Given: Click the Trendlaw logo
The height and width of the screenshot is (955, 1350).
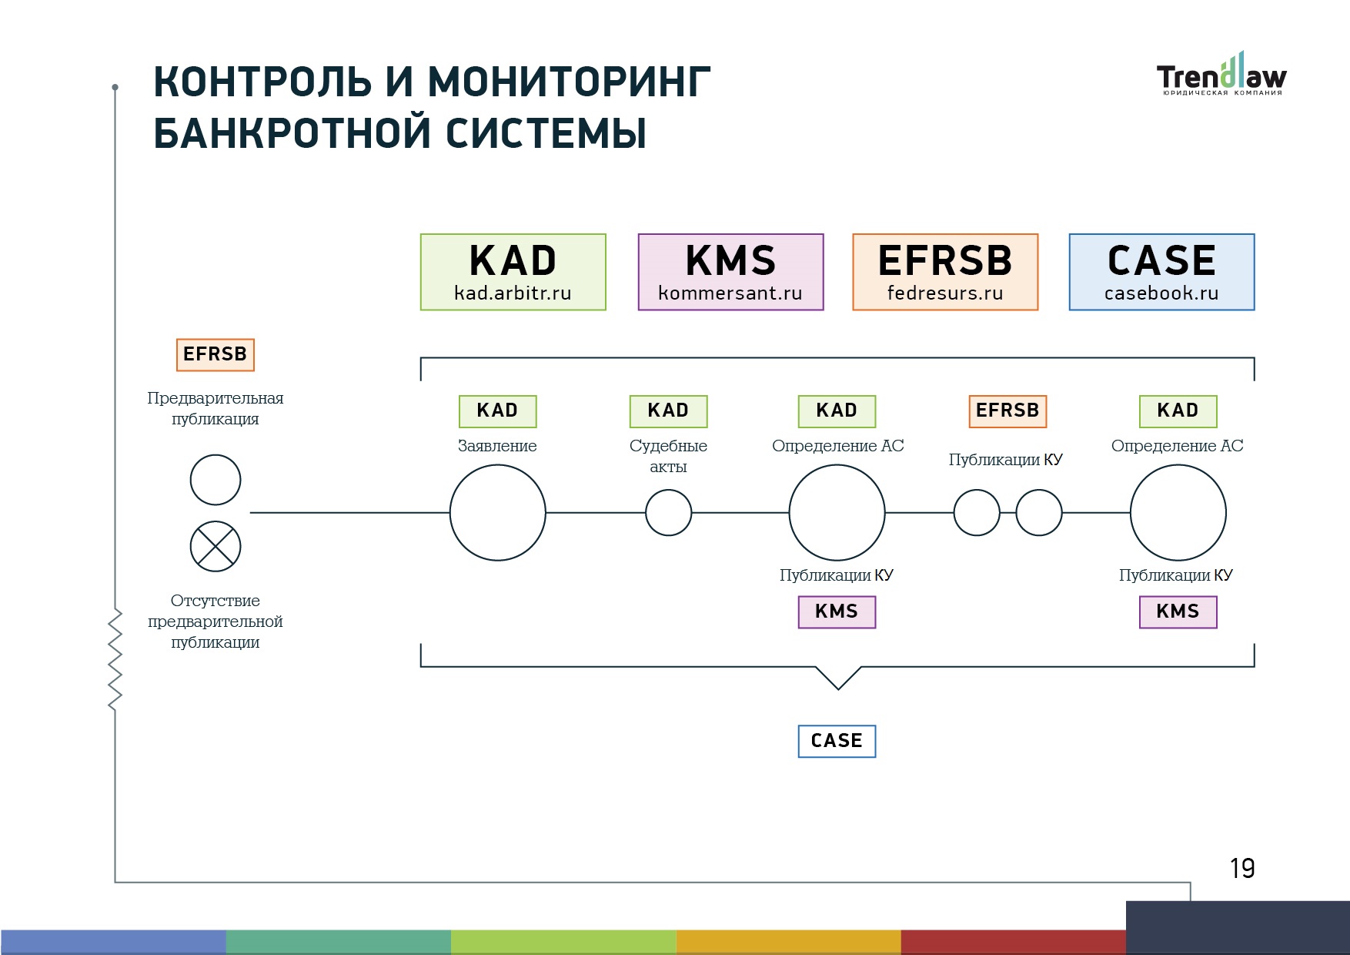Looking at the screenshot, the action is coord(1221,74).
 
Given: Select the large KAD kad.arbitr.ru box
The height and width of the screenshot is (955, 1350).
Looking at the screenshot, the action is coord(513,272).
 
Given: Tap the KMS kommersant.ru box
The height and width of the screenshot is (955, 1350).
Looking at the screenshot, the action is coord(730,272).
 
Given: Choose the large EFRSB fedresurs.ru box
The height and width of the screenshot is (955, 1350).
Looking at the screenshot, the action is coord(945,272).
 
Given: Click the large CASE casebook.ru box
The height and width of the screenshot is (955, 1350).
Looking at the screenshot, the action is coord(1161,272).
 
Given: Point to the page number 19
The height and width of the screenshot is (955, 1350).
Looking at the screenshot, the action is coord(1242,868).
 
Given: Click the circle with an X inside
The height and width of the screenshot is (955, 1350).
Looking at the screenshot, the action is coord(216,546).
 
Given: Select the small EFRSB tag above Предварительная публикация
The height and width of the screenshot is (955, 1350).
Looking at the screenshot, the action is coord(216,354).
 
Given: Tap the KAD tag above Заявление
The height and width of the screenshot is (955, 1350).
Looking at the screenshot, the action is coord(497,411).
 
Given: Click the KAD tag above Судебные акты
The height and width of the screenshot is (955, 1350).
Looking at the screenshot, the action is coord(668,411).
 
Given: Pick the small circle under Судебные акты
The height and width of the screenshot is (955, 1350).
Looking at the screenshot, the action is coord(668,512).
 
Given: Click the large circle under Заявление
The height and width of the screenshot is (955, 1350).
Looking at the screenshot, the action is coord(497,512).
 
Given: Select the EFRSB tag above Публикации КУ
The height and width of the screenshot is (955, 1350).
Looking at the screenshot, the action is coord(1007,411).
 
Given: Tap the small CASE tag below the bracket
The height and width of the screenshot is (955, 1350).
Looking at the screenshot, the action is coord(837,741).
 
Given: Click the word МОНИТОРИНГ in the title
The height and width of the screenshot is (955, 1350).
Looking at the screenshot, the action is coord(569,82).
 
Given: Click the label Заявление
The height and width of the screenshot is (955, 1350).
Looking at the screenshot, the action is coord(497,446).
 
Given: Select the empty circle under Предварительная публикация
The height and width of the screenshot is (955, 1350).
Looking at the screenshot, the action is coord(216,480).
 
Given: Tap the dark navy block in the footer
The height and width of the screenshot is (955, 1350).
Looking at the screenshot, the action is coord(1238,927).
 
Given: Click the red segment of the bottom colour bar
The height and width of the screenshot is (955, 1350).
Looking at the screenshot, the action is coord(1013,942).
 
